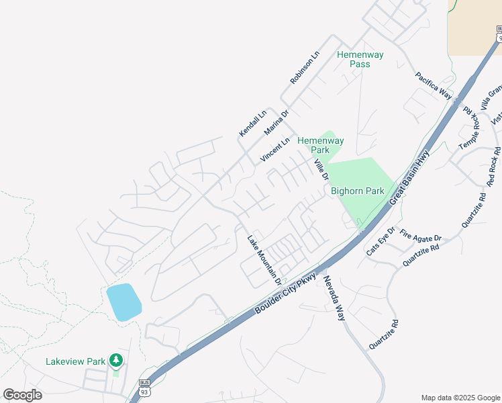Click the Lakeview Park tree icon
coord(116,361)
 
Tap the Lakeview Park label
coord(76,361)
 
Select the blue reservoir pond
coord(124,302)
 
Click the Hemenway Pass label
coord(353,59)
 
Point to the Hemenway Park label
coord(321,145)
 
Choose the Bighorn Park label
coord(358,191)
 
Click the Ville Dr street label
coord(321,169)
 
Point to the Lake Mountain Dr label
coord(264,257)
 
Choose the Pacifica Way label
coord(434,85)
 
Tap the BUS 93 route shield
coord(144,387)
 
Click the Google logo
coord(22,395)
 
